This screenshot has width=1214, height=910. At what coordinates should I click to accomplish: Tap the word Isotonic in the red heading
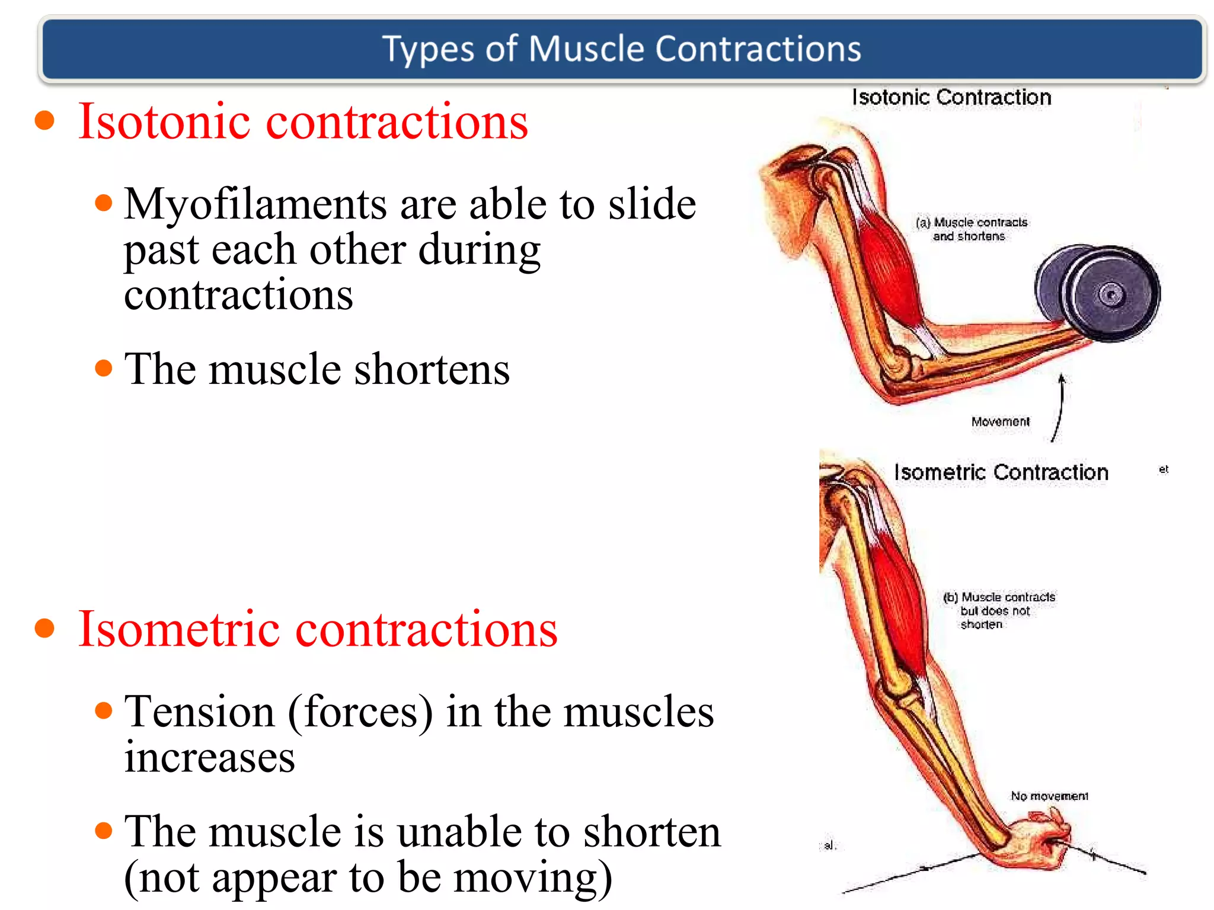coord(164,121)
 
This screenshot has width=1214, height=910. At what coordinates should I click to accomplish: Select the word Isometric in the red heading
coord(178,629)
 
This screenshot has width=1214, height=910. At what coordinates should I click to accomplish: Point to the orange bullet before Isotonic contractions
coord(44,120)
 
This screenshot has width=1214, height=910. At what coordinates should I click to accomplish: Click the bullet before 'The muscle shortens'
coord(104,368)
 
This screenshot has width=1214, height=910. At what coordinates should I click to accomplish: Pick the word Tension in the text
coord(199,712)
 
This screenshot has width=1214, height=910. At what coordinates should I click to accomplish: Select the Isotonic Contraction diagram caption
coord(951,97)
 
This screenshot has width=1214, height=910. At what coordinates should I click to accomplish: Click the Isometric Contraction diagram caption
coord(1001,472)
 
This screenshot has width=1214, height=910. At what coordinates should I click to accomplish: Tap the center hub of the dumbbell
coord(1111,294)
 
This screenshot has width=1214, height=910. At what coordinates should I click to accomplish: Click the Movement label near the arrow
coord(1000,421)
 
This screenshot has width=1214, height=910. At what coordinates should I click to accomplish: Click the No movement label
coord(1049,796)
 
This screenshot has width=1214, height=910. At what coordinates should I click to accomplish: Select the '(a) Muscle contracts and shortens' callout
coord(971,229)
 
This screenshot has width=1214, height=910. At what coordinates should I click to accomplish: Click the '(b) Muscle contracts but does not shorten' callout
coord(998,610)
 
